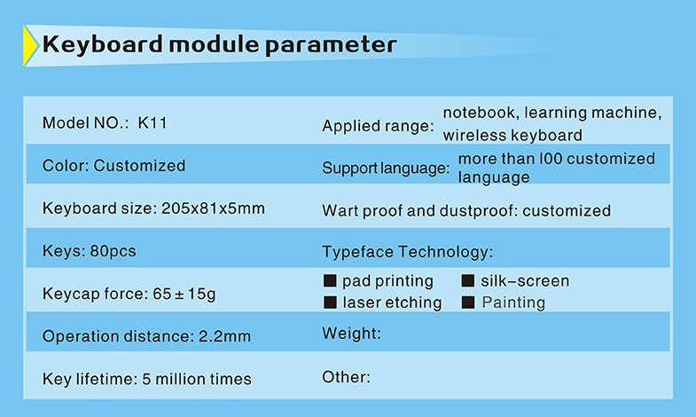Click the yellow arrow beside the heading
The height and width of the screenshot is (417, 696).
(30, 46)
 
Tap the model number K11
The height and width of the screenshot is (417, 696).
(152, 122)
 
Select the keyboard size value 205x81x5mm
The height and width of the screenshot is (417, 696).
(213, 208)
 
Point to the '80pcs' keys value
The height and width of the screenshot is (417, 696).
(113, 251)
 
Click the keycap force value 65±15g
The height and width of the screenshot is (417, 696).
(184, 294)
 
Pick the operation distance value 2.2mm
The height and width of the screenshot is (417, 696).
(224, 336)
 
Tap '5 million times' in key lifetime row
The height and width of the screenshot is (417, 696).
(197, 379)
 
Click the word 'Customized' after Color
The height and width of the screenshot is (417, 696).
(139, 166)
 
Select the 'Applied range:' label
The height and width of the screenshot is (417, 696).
(378, 126)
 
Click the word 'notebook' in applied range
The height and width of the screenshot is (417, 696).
(479, 113)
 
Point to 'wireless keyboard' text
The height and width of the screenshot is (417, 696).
(512, 135)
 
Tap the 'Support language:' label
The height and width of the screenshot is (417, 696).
(386, 169)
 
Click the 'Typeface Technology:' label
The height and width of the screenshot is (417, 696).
(408, 252)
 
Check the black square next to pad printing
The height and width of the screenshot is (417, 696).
(330, 280)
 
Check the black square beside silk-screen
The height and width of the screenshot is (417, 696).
(468, 280)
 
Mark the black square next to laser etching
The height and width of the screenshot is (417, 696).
(330, 303)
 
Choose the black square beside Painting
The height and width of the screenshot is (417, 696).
(468, 303)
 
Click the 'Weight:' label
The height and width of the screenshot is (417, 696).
(352, 334)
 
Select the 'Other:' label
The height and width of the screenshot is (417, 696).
(346, 377)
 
